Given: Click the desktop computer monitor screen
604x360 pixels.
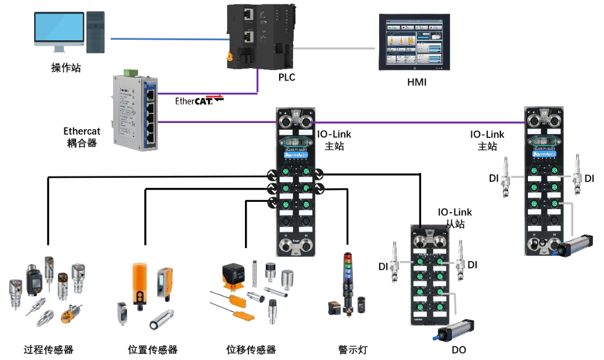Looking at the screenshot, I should [59, 28].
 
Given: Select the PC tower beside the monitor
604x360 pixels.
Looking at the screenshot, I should [96, 32].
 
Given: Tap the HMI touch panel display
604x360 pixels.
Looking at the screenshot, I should [414, 41].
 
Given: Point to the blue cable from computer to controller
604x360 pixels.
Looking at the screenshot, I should [168, 39].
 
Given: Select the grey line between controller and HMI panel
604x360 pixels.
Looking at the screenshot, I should [334, 48].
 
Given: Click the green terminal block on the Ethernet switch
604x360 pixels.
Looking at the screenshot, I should [131, 72].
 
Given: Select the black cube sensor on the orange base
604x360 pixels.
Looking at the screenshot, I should [234, 274].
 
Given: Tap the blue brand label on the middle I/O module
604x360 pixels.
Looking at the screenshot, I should [295, 150].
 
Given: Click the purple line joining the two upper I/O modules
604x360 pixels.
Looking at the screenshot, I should [417, 122].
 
